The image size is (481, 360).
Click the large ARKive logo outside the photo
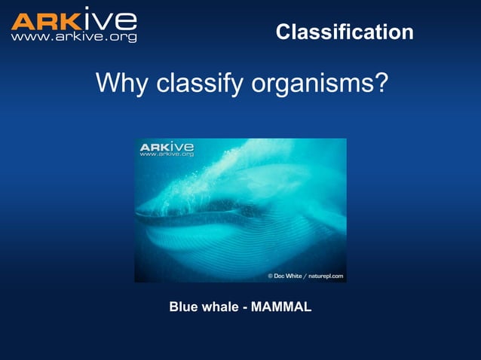coord(73,20)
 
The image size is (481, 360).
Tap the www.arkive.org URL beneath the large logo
coord(73,36)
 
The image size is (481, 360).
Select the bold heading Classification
coord(345,32)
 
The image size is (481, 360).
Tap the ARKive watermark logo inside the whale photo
coord(167,145)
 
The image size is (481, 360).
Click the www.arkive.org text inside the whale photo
coord(167,154)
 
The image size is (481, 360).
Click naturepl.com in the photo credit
coord(326,276)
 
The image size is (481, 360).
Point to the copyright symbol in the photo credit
coord(271,276)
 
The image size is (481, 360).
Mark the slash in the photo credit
coord(305,276)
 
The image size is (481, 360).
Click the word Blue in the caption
coord(182,307)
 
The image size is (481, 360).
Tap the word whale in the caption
coord(219,307)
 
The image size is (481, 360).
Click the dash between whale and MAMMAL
coord(244,307)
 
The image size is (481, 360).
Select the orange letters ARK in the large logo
coord(46,20)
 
